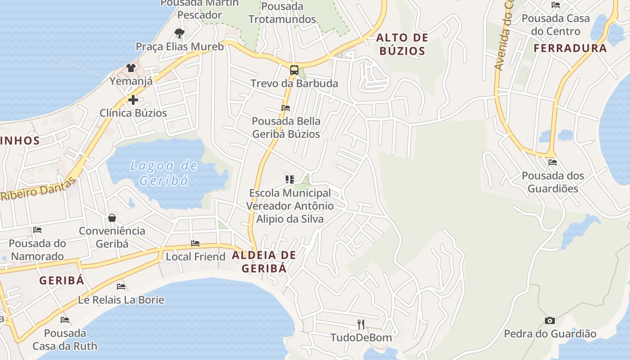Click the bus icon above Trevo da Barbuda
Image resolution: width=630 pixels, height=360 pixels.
coord(294,70)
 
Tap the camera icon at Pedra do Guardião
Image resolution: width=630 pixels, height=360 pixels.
coord(549,320)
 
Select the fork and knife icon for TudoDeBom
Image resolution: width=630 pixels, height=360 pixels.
coord(361,324)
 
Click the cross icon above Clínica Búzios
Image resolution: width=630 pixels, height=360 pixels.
coord(133,100)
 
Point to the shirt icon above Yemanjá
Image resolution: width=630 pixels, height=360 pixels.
coord(131,68)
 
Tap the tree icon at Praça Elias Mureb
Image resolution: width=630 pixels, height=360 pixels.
coord(179,33)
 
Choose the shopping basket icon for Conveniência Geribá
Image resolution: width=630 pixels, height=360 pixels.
coord(112,218)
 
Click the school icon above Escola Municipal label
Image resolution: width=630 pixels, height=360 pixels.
coord(290,180)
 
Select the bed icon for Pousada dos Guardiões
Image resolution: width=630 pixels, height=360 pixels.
coord(553,162)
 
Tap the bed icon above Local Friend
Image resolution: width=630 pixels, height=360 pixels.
coord(195,243)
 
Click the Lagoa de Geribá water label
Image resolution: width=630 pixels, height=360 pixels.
coord(164,173)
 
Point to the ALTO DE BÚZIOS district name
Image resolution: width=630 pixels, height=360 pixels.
coord(402,44)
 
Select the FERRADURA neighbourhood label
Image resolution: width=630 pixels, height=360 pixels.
coord(570,48)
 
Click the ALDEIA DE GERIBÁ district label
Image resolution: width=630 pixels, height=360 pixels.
coord(264,261)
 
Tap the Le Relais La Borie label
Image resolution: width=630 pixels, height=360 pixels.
coord(121,300)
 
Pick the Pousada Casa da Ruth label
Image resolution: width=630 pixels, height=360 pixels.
coord(65,340)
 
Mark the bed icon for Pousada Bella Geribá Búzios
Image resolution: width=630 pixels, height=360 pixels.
coord(286,108)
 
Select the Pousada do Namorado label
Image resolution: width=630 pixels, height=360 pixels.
coord(37,250)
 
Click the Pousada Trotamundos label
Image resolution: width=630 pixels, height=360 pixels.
coord(282,13)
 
